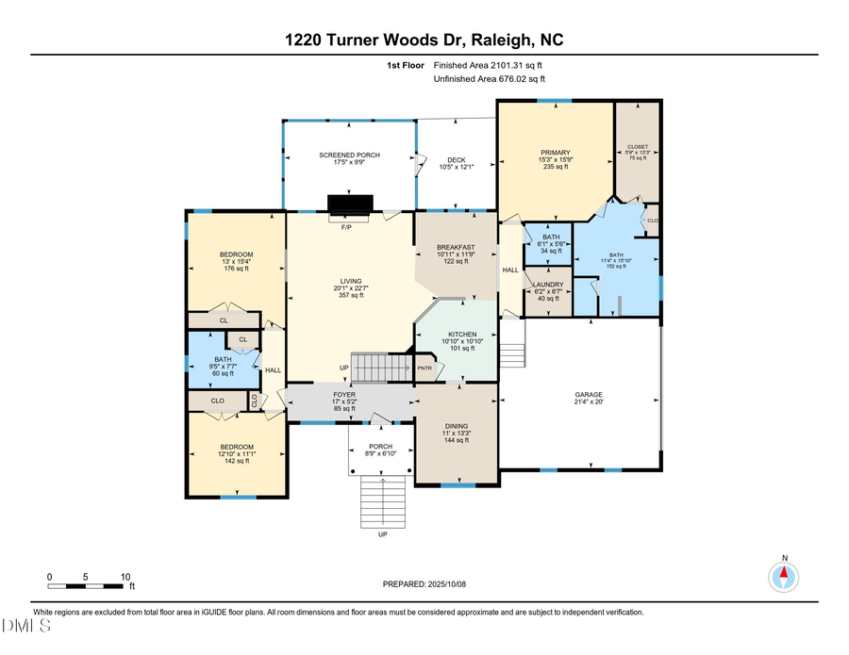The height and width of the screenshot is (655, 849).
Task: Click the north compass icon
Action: tap(782, 576)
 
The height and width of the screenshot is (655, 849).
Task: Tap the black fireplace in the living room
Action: tap(350, 205)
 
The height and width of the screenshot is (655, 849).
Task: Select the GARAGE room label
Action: tap(589, 395)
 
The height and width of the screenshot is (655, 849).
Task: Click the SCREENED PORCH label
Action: tap(349, 155)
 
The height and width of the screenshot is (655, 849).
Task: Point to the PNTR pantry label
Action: tap(424, 368)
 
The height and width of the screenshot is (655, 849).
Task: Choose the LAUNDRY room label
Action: tap(548, 285)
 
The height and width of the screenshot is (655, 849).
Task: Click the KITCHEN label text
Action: tap(462, 335)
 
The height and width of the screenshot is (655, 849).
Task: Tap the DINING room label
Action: tap(457, 426)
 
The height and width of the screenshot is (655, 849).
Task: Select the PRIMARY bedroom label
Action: tap(556, 153)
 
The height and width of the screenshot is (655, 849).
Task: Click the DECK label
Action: tap(457, 160)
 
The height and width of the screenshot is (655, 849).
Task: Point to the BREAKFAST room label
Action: tap(455, 247)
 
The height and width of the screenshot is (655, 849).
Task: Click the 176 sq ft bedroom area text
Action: tap(235, 269)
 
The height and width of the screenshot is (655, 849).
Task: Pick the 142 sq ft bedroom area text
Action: tap(237, 461)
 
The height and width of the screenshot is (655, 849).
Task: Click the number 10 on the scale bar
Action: tap(125, 577)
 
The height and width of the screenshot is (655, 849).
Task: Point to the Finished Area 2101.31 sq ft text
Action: tap(488, 65)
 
